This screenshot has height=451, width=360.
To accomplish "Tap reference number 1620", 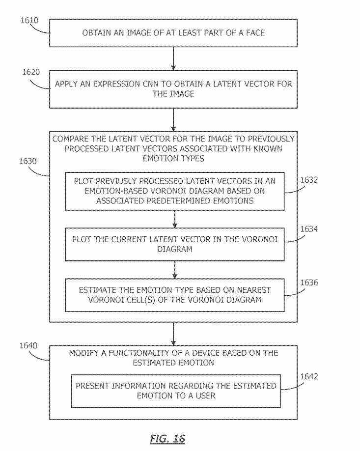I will [30, 72].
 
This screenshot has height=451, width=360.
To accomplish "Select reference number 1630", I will [28, 161].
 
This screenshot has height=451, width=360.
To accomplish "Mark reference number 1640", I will [28, 345].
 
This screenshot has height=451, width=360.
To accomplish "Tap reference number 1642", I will [309, 377].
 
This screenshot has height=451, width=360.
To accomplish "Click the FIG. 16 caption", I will [167, 438].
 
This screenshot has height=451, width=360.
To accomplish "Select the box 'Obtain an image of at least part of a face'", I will [173, 33].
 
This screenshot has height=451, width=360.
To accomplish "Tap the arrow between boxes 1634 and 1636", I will [175, 269].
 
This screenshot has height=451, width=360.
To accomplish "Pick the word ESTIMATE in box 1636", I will [97, 290].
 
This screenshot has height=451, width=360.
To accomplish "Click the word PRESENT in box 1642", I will [93, 386].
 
